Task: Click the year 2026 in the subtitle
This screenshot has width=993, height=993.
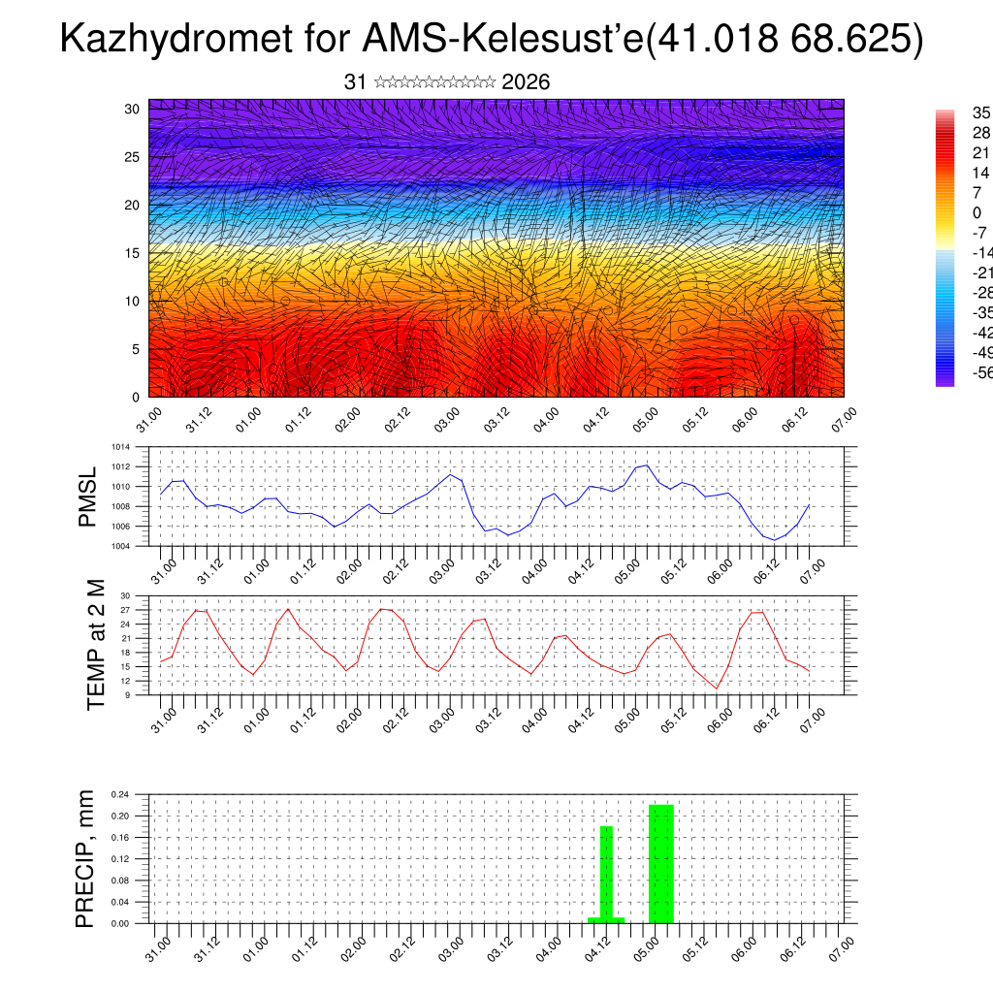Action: (527, 82)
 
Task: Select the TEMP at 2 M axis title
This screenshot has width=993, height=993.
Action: (95, 645)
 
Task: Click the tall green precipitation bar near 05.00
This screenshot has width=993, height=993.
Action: (661, 863)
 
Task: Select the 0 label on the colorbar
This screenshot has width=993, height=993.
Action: (977, 213)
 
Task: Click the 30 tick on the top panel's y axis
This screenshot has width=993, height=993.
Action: (132, 109)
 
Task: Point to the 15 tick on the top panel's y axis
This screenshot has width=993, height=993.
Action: (132, 253)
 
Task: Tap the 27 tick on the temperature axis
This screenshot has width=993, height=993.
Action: (125, 610)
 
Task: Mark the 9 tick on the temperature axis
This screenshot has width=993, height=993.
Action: (127, 695)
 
